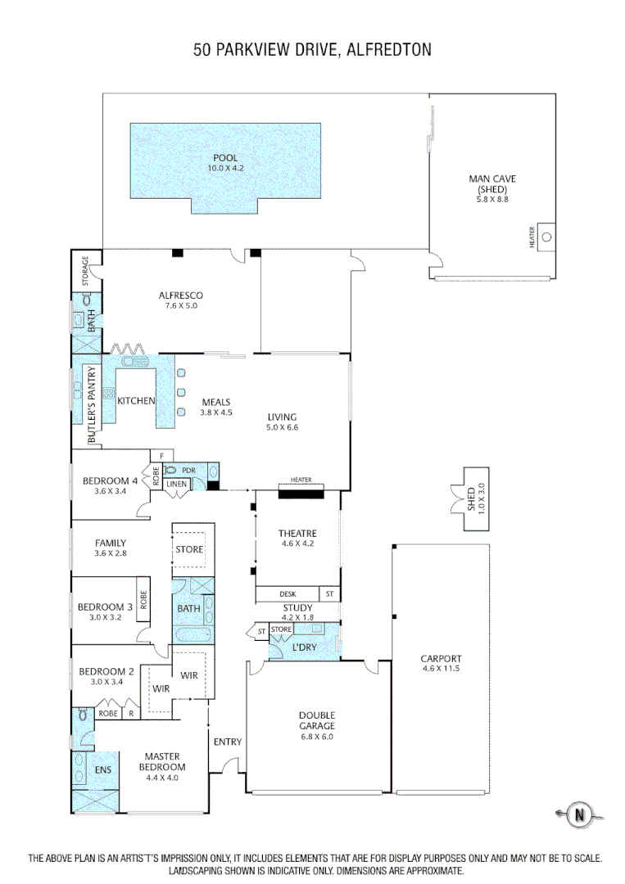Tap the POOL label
pyautogui.click(x=225, y=158)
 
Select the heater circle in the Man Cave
pyautogui.click(x=547, y=237)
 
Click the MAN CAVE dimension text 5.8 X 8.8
pyautogui.click(x=492, y=199)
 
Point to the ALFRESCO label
pyautogui.click(x=180, y=295)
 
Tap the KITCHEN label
pyautogui.click(x=136, y=401)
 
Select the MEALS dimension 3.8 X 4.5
pyautogui.click(x=217, y=413)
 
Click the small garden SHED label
pyautogui.click(x=471, y=498)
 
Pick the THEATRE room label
pyautogui.click(x=297, y=534)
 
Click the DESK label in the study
pyautogui.click(x=287, y=594)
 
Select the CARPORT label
pyautogui.click(x=441, y=658)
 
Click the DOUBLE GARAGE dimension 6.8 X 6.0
pyautogui.click(x=316, y=736)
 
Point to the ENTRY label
pyautogui.click(x=228, y=742)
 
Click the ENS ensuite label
pyautogui.click(x=102, y=770)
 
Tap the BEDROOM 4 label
pyautogui.click(x=111, y=480)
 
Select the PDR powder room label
pyautogui.click(x=188, y=471)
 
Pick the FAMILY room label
pyautogui.click(x=111, y=543)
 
